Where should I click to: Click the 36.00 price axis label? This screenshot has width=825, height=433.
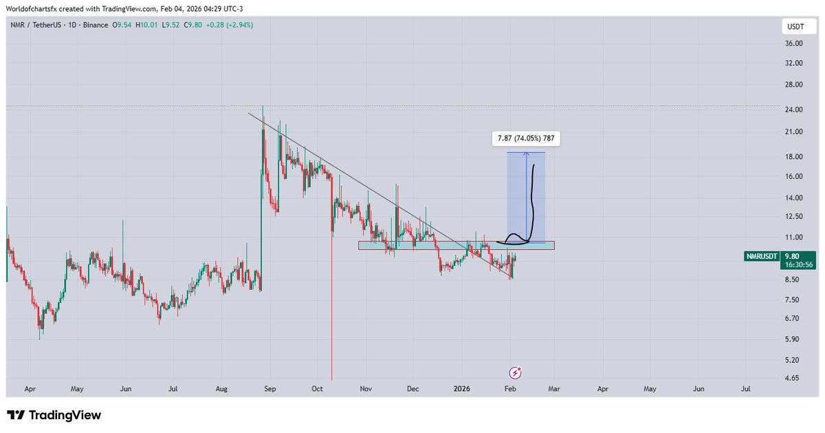tap(794, 43)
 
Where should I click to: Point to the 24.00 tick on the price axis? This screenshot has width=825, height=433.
tap(794, 109)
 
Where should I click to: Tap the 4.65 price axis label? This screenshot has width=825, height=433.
tap(794, 378)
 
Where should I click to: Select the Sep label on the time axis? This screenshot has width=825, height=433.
tap(269, 389)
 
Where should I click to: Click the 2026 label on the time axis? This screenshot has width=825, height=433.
tap(461, 389)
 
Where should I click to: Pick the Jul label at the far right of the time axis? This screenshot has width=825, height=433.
tap(746, 389)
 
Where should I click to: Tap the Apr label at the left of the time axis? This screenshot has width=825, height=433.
tap(30, 389)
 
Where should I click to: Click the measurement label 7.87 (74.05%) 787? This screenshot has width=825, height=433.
tap(526, 139)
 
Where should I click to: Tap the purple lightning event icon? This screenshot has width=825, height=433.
tap(516, 373)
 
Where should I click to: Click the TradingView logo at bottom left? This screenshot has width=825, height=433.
tap(54, 415)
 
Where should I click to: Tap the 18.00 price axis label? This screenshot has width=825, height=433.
tap(794, 156)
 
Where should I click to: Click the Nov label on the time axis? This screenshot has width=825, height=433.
tap(366, 389)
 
